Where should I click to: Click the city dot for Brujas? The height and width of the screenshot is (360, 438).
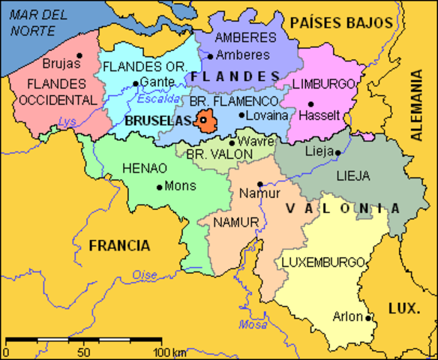tap(79, 55)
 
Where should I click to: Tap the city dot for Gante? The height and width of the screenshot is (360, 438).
tap(135, 83)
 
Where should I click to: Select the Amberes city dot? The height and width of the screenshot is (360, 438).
tap(211, 55)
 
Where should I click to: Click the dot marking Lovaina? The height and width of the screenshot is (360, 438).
tap(241, 115)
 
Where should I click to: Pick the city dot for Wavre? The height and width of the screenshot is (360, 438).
tap(232, 142)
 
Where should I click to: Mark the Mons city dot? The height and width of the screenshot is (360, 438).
tap(160, 187)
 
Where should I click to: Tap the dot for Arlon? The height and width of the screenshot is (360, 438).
tap(369, 317)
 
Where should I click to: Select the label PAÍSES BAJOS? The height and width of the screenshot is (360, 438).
tap(341, 22)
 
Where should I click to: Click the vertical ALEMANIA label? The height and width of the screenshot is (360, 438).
tap(416, 106)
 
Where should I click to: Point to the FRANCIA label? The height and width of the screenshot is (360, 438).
tap(118, 245)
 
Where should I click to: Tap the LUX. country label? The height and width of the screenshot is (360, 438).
tap(406, 307)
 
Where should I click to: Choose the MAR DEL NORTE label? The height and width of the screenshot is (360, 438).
tap(34, 22)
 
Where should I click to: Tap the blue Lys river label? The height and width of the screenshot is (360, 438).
tap(68, 121)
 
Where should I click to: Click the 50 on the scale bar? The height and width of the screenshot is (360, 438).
tap(83, 352)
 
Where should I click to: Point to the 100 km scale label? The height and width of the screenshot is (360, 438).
tap(169, 352)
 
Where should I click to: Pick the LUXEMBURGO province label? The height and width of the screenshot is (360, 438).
tap(322, 262)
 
